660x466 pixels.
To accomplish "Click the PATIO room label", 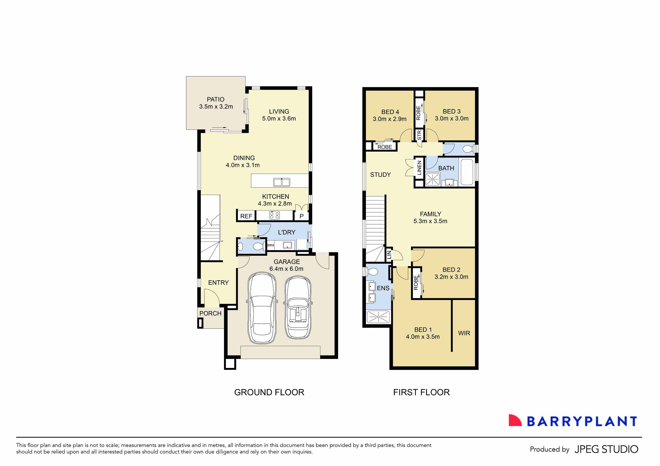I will pos(216,99).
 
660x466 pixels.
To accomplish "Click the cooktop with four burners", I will pos(274,215).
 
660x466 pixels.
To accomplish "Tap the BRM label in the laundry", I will pos(270,245).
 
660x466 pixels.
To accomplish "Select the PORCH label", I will pos(210,313).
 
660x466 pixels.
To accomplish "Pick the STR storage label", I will pos(419,135).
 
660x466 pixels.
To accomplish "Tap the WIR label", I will pos(464,333).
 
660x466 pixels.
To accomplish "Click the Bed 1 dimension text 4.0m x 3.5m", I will pos(423,337).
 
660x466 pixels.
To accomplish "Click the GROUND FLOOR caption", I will pos(269,392).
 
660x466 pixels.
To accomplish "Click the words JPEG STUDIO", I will pos(606,449).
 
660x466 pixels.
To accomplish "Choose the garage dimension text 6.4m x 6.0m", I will pos(286,269).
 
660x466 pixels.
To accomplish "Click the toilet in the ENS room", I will pos(372,272).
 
